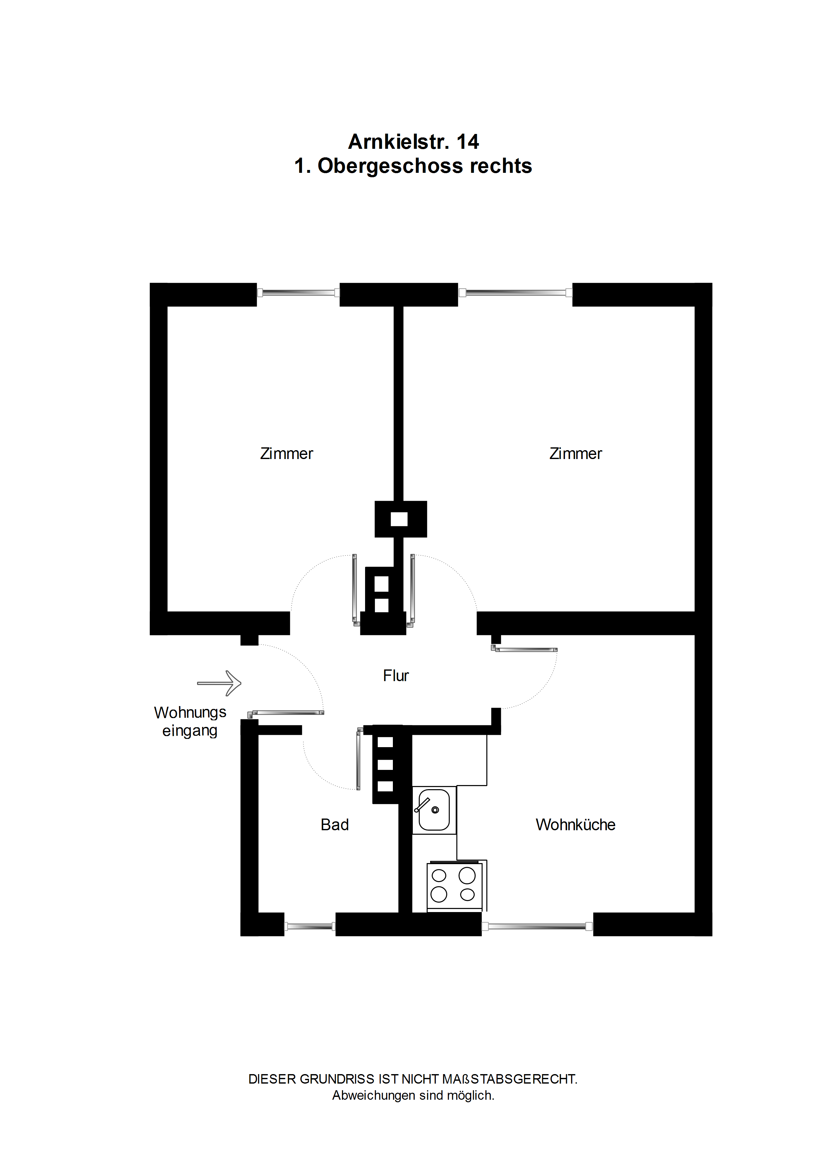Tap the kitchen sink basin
pos(434,810)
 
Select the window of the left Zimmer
pos(298,293)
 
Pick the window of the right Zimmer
pos(515,293)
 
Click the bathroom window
pos(309,926)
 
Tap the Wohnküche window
pos(537,926)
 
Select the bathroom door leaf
pos(358,759)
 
